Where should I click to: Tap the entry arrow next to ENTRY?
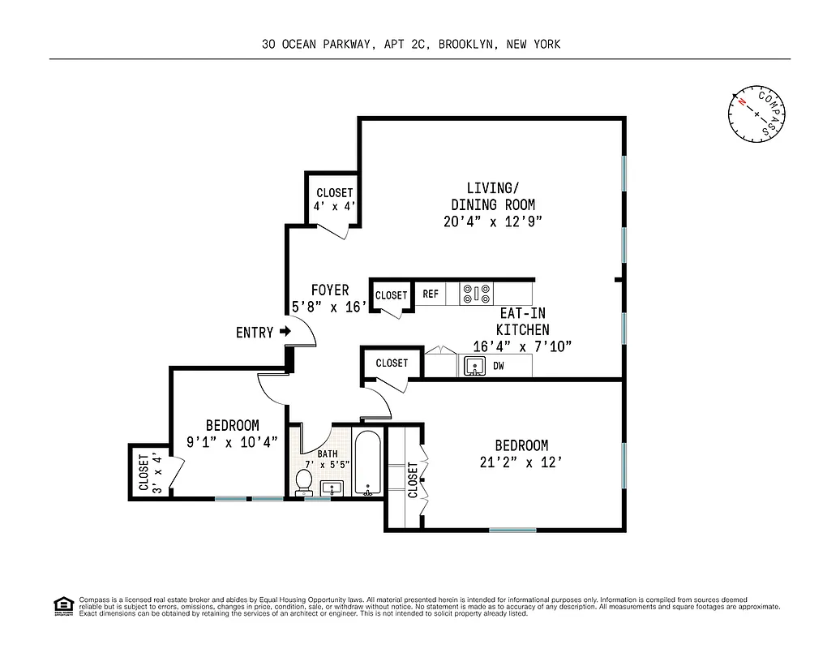click(x=285, y=331)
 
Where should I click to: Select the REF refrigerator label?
click(x=431, y=294)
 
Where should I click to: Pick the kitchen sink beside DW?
click(x=474, y=367)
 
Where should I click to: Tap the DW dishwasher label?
click(x=499, y=366)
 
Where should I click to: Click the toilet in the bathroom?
click(x=305, y=481)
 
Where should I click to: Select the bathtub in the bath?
click(x=368, y=465)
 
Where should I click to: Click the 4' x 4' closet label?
click(x=334, y=200)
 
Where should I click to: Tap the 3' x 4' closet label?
click(x=151, y=473)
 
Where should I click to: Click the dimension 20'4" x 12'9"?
click(x=492, y=221)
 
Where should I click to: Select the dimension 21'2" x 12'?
click(x=521, y=463)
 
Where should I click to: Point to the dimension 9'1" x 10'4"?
click(x=232, y=442)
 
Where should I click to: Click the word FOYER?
click(x=330, y=290)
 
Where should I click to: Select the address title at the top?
click(x=411, y=45)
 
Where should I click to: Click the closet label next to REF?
click(x=392, y=295)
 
